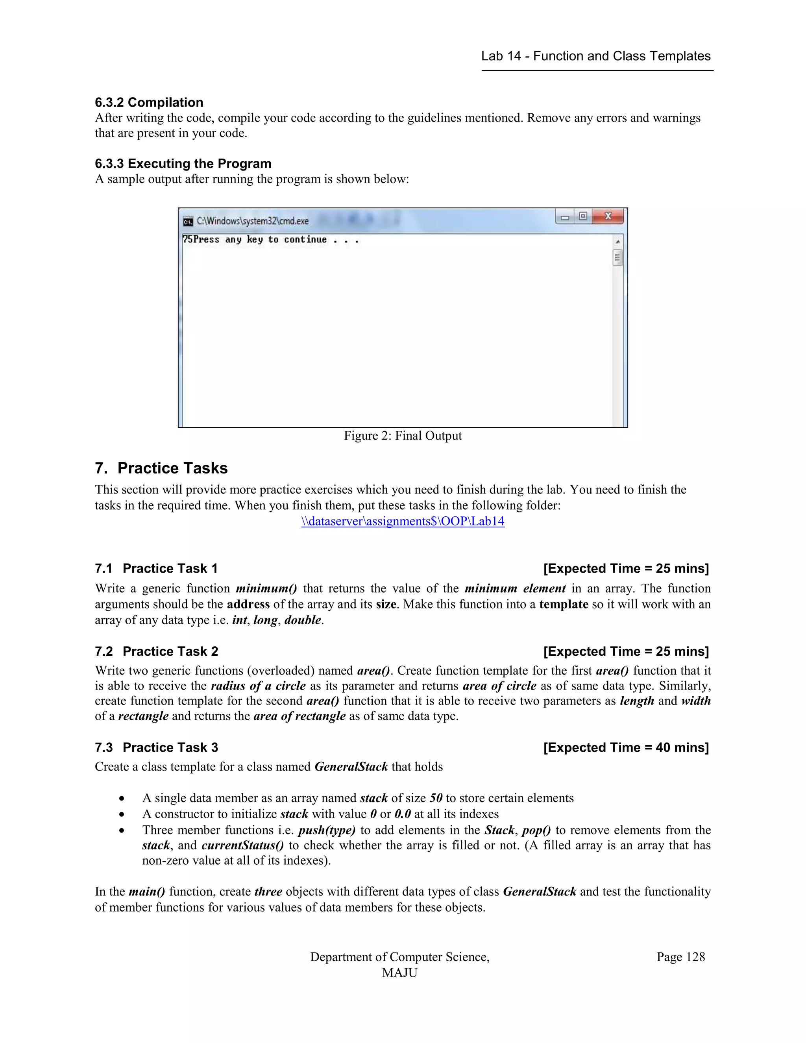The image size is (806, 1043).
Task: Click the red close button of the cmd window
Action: (x=608, y=216)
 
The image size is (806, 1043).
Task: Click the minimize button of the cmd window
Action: (x=565, y=217)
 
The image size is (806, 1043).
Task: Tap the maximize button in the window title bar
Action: (x=582, y=216)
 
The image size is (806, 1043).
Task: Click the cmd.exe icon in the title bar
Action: (x=188, y=222)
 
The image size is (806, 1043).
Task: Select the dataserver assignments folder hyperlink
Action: (x=403, y=521)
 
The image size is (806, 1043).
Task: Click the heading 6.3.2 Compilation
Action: (x=149, y=102)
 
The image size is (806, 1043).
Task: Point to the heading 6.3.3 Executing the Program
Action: (x=183, y=163)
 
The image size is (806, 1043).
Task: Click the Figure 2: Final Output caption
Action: (x=403, y=436)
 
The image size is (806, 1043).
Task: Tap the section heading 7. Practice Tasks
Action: (x=161, y=468)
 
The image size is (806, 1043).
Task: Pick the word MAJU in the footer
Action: (x=400, y=973)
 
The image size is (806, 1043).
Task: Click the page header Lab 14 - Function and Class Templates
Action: (x=596, y=56)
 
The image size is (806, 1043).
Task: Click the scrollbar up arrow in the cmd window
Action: (x=618, y=242)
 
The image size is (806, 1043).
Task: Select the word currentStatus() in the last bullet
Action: (x=242, y=845)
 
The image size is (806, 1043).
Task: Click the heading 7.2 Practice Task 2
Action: (x=157, y=651)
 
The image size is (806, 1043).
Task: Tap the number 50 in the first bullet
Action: (x=436, y=798)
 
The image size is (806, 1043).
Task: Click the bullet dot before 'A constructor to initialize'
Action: (x=122, y=814)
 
